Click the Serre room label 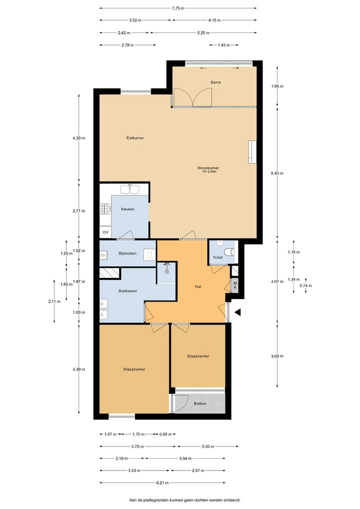[215, 82]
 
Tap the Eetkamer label [135, 138]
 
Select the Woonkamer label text [208, 168]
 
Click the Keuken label [127, 209]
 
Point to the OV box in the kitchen [105, 232]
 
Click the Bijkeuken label [127, 253]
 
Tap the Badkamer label [127, 291]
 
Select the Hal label [198, 286]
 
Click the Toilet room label [218, 257]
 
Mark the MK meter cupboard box [234, 285]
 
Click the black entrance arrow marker [237, 312]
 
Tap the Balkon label [200, 403]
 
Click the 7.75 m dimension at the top [178, 8]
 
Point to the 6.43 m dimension [277, 173]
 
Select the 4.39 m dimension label [79, 369]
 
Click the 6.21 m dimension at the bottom [162, 482]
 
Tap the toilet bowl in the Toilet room [229, 251]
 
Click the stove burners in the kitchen [105, 208]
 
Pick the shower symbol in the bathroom [167, 267]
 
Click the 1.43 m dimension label [223, 45]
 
